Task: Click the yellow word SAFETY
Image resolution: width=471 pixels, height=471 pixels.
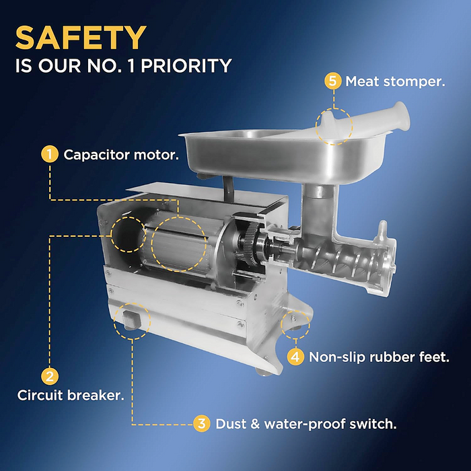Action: coord(81,38)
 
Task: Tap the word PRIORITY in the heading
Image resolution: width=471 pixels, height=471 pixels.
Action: coord(186,65)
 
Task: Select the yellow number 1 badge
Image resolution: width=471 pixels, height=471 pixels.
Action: coord(50,154)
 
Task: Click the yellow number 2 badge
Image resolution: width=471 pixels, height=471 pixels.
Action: coord(50,376)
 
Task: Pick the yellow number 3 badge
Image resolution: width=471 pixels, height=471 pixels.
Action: coord(202,423)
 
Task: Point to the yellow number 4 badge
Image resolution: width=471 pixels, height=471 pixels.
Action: coord(295,357)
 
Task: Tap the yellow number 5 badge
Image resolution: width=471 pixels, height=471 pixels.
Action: coord(333,81)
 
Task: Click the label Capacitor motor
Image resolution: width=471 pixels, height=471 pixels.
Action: coord(121,155)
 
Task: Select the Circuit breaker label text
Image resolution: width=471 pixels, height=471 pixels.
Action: coord(71,395)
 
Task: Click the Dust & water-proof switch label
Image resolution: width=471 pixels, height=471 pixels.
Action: coord(306,424)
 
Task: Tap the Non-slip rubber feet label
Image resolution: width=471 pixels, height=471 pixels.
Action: coord(379,357)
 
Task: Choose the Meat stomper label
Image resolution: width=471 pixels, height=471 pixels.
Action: coord(396,81)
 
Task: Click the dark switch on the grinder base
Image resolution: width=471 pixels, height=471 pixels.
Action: coord(132,320)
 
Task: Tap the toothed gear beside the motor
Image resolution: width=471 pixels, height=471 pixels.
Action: coord(252,244)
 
